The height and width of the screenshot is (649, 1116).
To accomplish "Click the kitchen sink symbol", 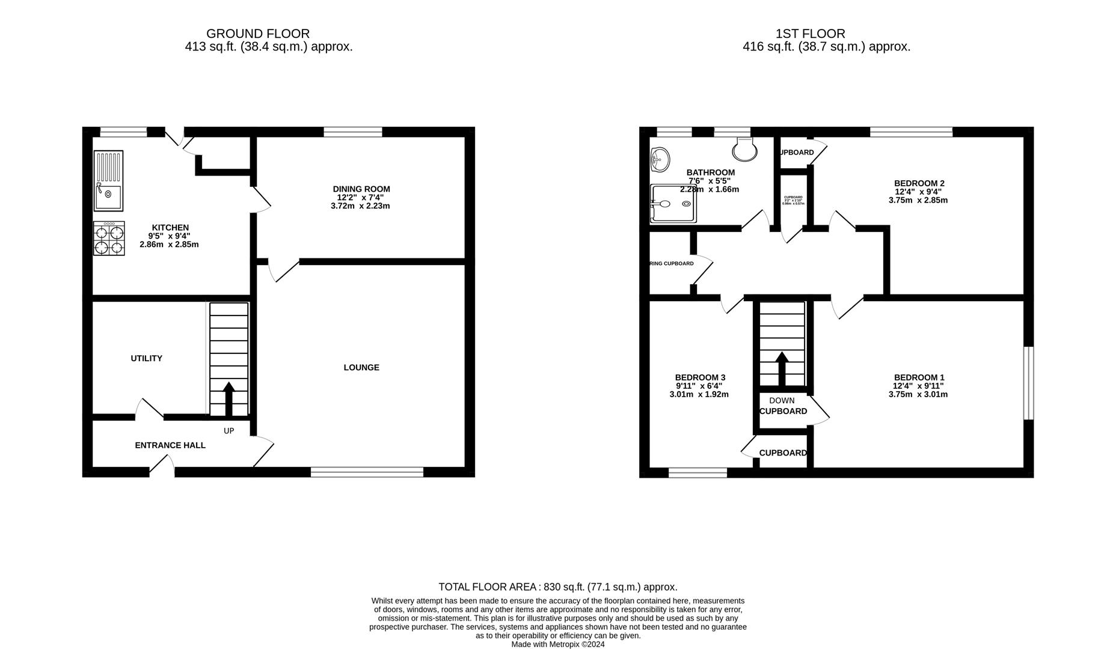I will [x=109, y=180].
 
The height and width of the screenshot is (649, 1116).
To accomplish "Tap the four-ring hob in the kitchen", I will [x=109, y=239].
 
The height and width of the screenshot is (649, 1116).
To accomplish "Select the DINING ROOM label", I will [x=361, y=189].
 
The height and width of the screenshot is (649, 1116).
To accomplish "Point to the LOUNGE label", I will [x=361, y=367].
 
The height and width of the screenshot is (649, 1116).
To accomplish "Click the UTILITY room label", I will [x=147, y=358].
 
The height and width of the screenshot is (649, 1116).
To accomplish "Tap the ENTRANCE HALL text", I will [x=170, y=445].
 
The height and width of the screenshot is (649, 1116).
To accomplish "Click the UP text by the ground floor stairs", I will [x=228, y=431].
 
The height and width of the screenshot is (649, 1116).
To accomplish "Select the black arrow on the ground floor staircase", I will [x=228, y=398].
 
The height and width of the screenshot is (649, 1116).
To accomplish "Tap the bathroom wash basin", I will [x=660, y=159].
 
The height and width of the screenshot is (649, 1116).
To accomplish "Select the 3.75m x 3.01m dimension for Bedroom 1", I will [x=918, y=395].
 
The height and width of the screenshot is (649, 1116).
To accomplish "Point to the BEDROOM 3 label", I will [x=700, y=377].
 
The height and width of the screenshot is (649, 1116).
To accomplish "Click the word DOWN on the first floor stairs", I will [x=782, y=400].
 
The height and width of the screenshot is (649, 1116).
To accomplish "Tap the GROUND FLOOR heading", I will [x=258, y=34].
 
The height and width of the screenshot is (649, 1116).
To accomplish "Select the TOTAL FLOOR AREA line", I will [x=557, y=587].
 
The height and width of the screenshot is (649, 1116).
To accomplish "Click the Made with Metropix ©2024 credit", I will [x=557, y=644].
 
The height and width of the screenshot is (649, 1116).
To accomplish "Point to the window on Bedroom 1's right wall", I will [x=1029, y=383].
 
